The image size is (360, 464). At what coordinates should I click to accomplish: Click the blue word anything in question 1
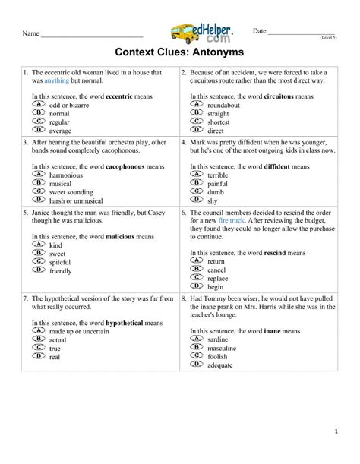point(56,80)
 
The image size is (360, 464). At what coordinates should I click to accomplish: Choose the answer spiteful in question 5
point(61,261)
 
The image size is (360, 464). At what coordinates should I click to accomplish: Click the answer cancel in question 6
point(216,270)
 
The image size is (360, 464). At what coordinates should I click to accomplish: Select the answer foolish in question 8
point(218,358)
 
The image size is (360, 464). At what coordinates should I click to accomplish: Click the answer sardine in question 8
point(218,341)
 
